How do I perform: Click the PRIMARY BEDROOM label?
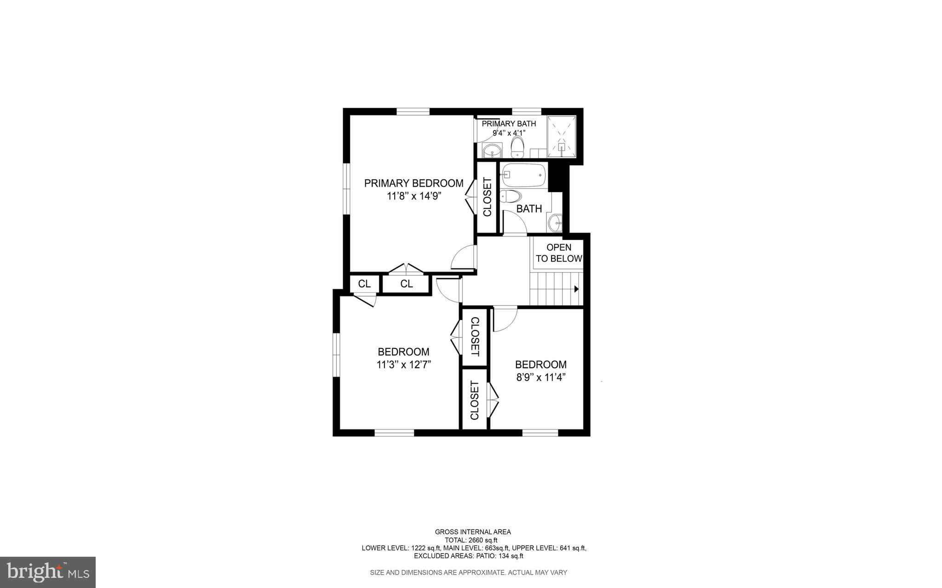(414, 183)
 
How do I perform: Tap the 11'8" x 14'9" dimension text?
(414, 196)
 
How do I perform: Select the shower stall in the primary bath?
(561, 137)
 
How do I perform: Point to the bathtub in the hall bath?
(523, 175)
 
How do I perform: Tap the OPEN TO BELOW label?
(559, 253)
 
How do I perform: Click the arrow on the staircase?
(576, 289)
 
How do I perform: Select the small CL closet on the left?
(364, 284)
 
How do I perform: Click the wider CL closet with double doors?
(406, 284)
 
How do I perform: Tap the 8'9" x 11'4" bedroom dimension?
(540, 377)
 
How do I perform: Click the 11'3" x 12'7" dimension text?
(403, 365)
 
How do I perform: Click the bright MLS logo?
(48, 572)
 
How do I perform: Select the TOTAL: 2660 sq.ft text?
(471, 540)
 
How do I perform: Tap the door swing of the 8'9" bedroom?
(505, 319)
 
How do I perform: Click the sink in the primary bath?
(491, 150)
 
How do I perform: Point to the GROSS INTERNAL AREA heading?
(473, 532)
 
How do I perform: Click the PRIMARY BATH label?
(509, 124)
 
